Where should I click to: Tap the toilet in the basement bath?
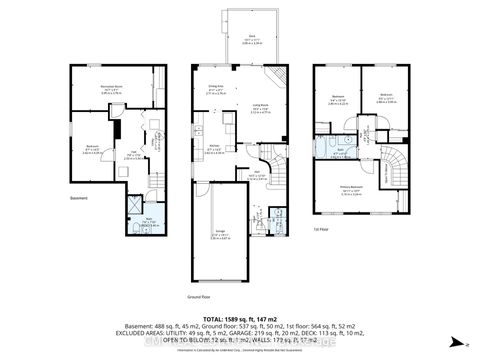click(x=134, y=230)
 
